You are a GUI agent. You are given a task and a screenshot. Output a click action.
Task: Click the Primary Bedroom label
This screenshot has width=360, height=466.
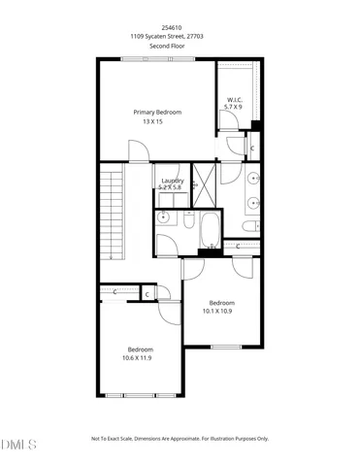point(157,113)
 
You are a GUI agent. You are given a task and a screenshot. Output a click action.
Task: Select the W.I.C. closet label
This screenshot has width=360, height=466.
point(234,99)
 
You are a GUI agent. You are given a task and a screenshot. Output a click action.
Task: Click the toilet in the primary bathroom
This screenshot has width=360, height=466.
point(249,225)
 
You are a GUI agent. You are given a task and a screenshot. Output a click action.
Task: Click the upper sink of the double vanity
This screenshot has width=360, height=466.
point(252,179)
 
